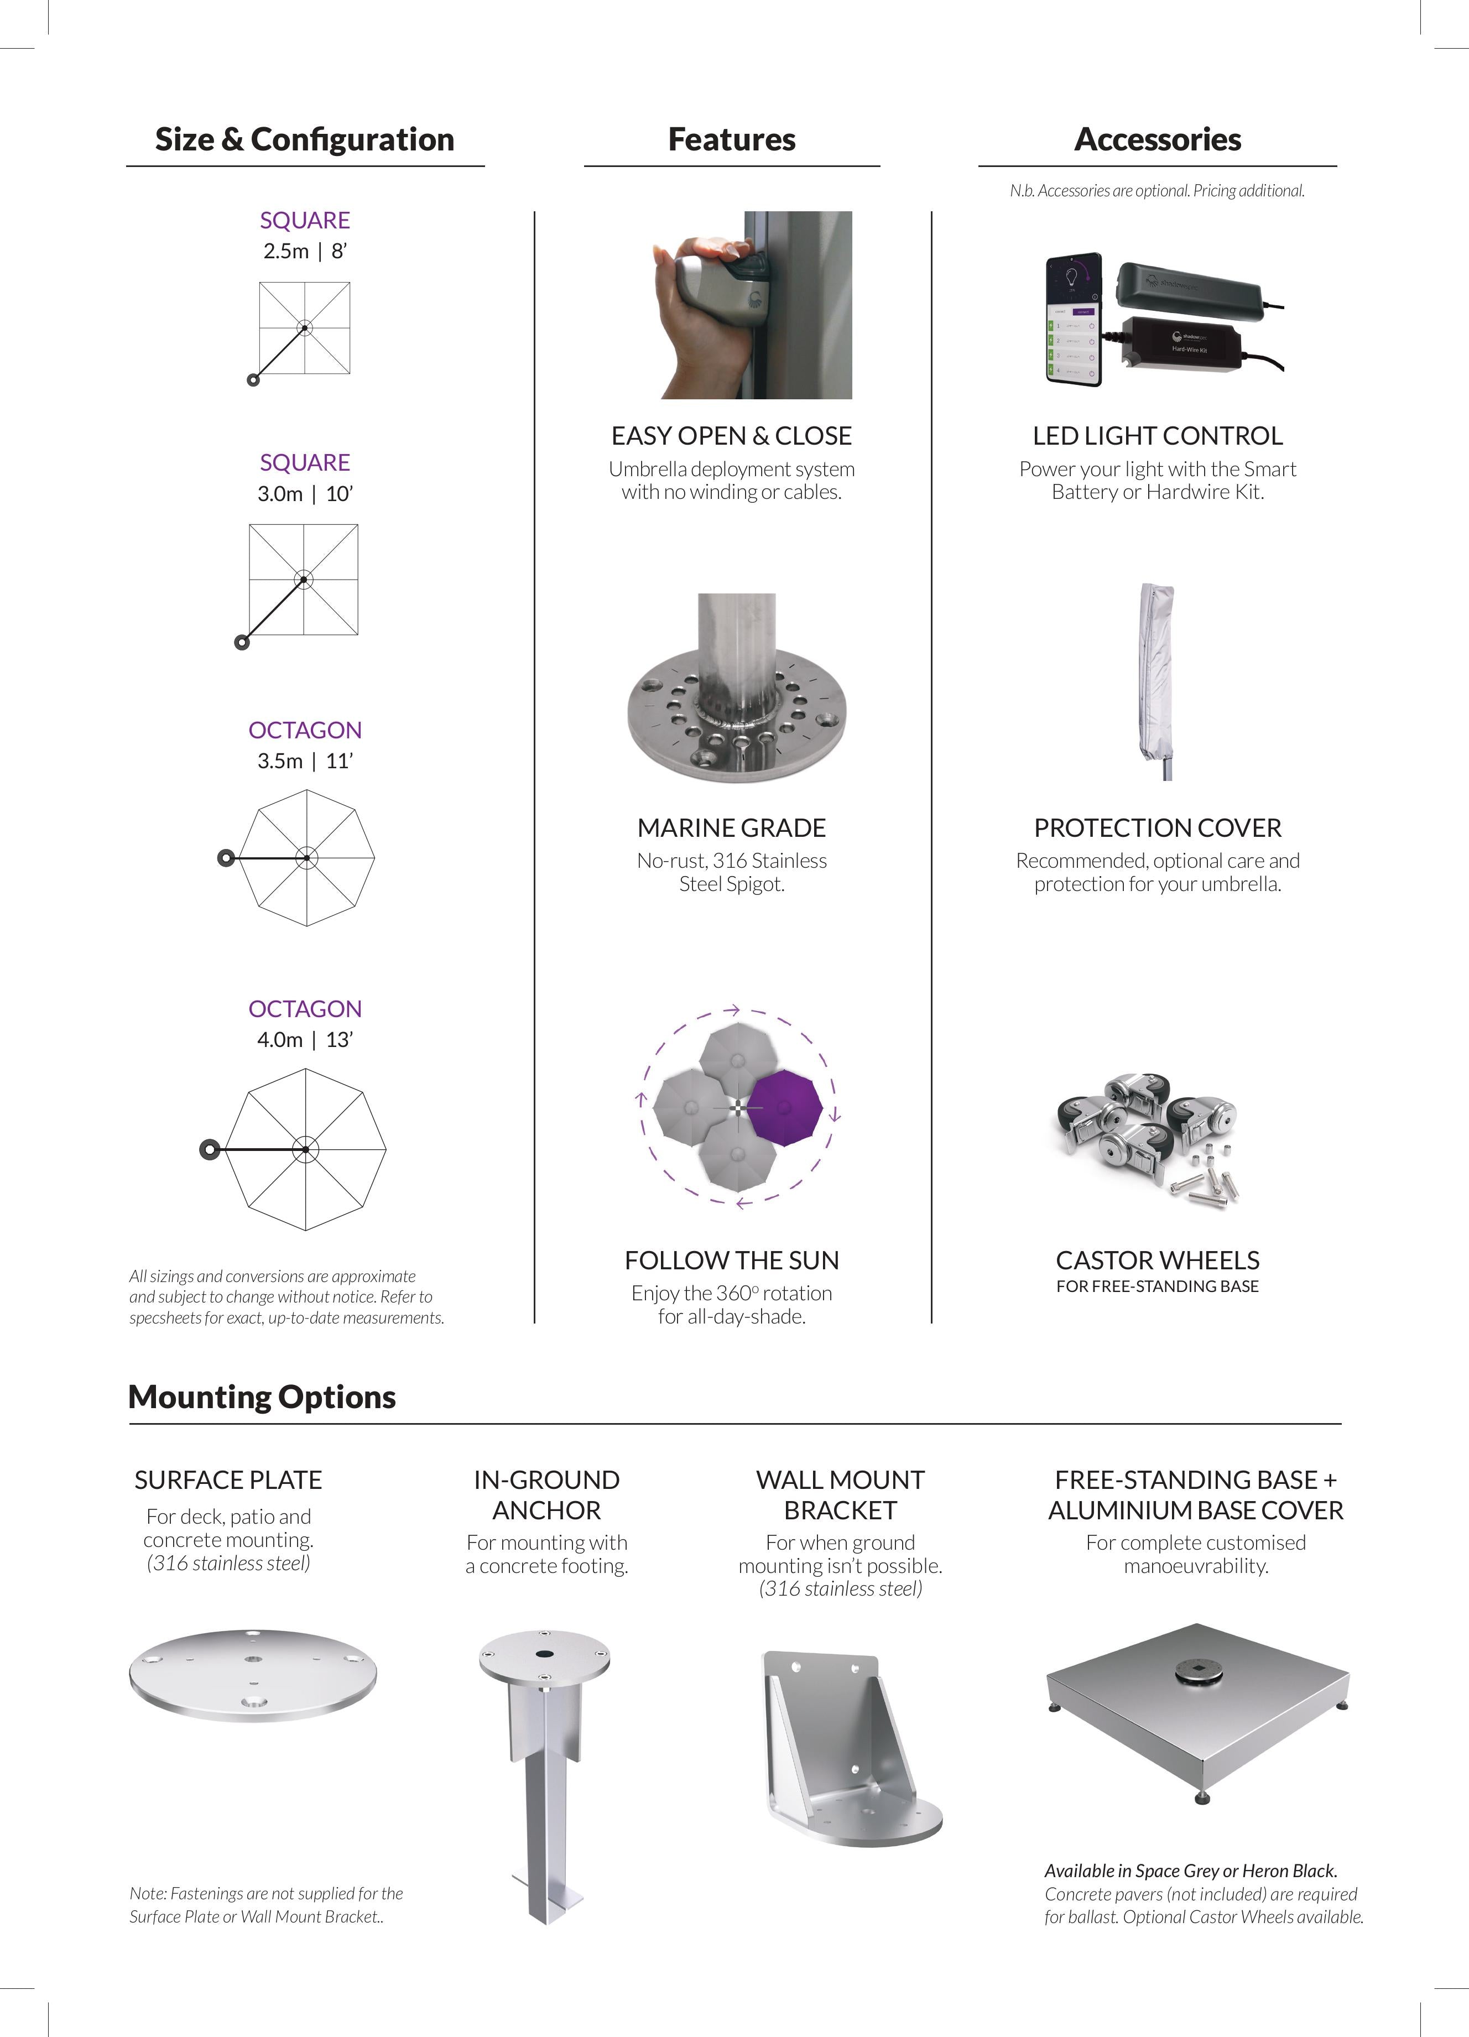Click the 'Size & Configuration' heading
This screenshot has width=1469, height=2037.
tap(304, 140)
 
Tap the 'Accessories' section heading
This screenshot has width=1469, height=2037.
tap(1158, 140)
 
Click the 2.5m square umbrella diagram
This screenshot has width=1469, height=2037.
tap(304, 328)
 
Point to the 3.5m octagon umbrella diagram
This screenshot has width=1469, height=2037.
tap(307, 858)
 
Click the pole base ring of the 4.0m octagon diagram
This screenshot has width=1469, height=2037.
tap(209, 1150)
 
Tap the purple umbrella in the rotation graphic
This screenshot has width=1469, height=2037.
tap(784, 1107)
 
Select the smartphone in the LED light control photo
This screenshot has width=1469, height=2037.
tap(1075, 321)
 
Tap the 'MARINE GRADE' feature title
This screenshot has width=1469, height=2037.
tap(731, 827)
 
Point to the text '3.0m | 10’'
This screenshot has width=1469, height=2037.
tap(305, 494)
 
